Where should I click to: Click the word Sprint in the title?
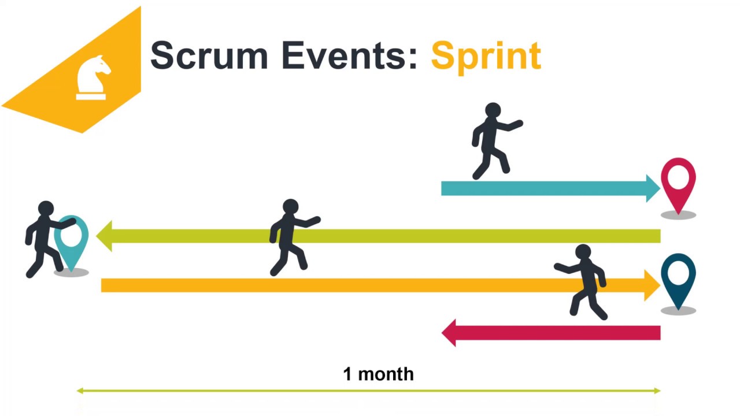click(486, 56)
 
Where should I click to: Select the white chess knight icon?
click(92, 77)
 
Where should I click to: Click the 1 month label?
click(378, 374)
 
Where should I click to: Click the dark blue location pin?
click(678, 277)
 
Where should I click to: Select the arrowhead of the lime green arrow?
click(104, 236)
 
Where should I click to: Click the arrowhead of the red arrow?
click(449, 333)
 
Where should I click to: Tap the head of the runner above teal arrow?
click(493, 111)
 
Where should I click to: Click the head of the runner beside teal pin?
click(46, 209)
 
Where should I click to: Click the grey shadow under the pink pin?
click(678, 215)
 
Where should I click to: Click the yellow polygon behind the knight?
click(46, 98)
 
